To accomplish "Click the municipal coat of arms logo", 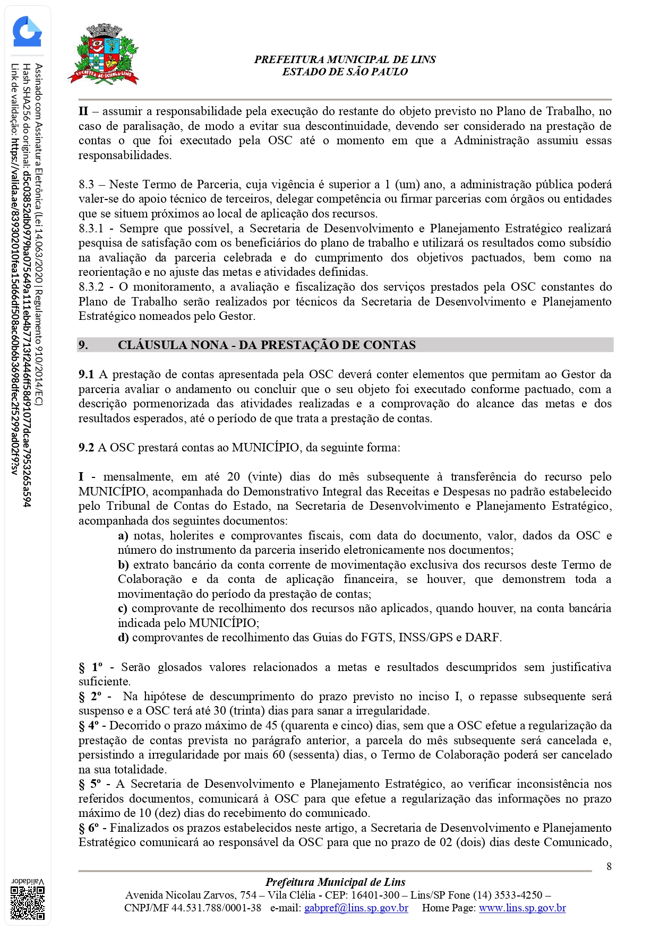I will point(104,55).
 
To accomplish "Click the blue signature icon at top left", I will point(27,32).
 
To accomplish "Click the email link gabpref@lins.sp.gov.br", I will point(356,908).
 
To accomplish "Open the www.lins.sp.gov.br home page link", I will point(522,908).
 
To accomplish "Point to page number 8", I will point(609,866).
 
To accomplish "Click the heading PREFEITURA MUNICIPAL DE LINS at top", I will point(345,59).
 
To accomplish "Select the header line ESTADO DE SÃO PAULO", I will point(345,72).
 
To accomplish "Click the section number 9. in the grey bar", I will point(83,345).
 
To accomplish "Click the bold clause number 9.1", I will point(86,375).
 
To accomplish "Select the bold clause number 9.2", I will point(86,448).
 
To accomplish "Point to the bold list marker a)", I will point(123,536).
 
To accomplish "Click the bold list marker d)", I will point(123,638).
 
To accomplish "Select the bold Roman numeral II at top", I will point(83,111).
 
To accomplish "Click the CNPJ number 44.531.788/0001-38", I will point(216,908).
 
